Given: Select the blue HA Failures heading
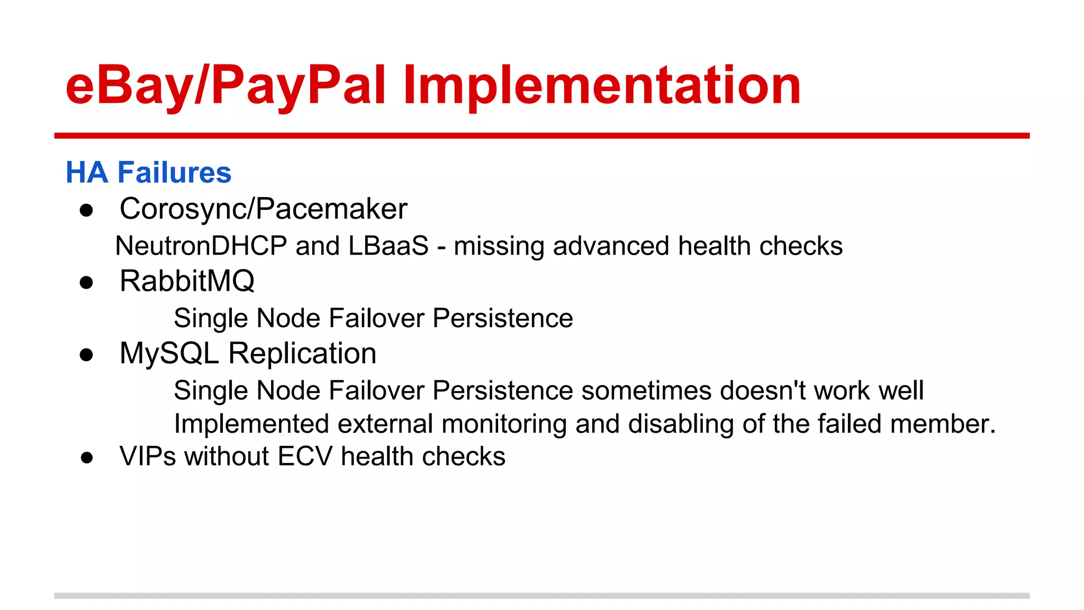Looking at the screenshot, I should [149, 173].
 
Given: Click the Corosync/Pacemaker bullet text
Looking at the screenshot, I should [263, 209].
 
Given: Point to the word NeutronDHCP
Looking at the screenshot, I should [201, 246].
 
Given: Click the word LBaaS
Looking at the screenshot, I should [389, 246].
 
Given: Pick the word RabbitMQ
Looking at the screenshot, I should [187, 281].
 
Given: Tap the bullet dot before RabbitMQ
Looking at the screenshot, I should [86, 282].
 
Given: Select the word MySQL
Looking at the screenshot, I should [169, 353].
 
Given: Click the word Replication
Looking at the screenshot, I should [302, 353].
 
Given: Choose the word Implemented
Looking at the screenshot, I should [251, 424].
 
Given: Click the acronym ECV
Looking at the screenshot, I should [305, 456].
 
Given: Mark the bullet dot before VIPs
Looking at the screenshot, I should [87, 457].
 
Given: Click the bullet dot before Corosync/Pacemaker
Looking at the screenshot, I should [86, 210].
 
